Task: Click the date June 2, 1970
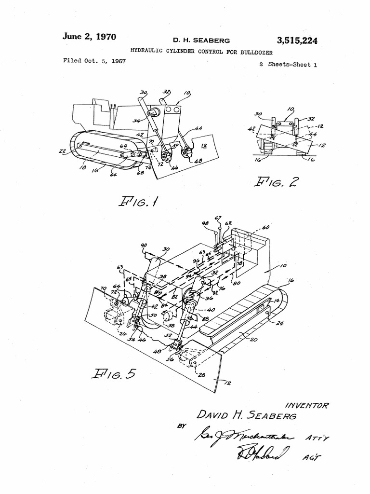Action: coord(89,37)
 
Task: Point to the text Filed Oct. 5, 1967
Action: coord(91,61)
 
